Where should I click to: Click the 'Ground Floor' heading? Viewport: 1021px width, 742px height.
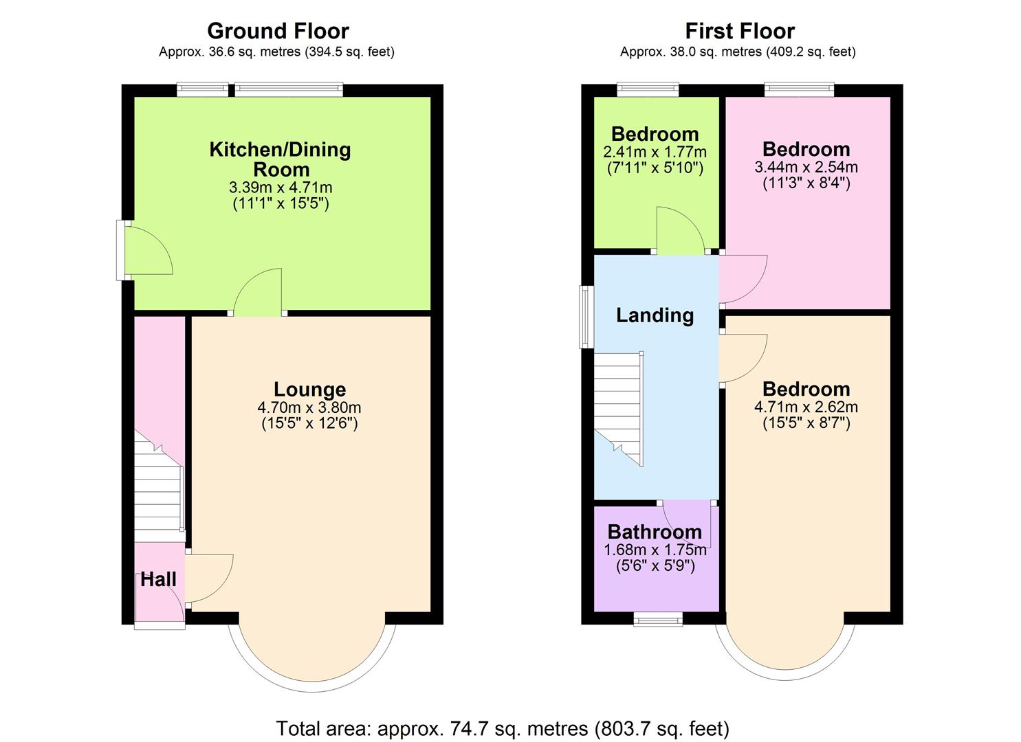278,31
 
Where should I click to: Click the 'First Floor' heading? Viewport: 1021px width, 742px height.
740,31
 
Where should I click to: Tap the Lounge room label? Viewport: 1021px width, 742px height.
309,390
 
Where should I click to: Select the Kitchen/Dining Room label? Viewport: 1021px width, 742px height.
280,159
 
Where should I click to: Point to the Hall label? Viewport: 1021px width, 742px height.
158,579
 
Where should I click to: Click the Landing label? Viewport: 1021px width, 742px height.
655,315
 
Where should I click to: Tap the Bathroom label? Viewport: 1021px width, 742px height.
655,532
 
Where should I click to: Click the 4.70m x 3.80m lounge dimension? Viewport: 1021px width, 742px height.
309,407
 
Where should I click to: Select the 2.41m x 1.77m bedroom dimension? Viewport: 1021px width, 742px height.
655,152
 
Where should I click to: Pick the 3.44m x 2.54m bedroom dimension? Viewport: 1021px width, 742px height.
806,167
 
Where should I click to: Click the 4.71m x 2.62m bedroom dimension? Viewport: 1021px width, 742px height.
806,407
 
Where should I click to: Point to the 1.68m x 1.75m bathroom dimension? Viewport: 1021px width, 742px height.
655,550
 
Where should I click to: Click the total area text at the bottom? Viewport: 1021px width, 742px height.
503,728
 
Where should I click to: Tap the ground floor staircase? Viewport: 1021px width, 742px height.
158,488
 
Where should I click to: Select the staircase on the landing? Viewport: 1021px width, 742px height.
617,409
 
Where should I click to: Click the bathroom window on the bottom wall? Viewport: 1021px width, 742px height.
658,620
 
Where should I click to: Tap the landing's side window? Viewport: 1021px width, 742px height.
586,316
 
